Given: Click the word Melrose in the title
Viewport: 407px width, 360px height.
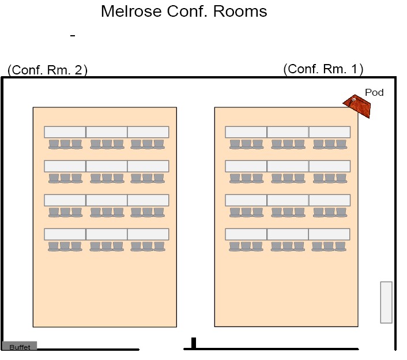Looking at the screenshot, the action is (x=131, y=12).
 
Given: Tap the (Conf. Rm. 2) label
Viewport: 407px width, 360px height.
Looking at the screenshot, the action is (x=47, y=70).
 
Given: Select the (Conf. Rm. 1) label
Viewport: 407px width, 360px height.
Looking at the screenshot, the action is (x=323, y=69).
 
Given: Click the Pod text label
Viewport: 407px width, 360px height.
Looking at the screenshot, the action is (x=374, y=92).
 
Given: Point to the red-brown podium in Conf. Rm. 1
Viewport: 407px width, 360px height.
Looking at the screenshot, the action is (x=357, y=106).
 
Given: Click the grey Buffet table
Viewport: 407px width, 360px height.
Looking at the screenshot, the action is (x=20, y=346).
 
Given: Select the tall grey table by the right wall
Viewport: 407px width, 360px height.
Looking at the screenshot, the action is (x=386, y=302).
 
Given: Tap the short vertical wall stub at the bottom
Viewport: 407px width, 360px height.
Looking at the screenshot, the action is (x=194, y=343).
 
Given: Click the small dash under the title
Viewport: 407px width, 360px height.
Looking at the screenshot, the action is (x=73, y=36).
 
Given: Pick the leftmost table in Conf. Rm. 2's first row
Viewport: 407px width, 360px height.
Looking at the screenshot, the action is (x=65, y=132).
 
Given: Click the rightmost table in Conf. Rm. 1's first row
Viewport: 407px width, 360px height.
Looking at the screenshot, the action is (x=329, y=132).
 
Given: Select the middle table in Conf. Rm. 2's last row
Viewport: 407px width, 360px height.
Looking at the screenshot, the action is (x=107, y=234).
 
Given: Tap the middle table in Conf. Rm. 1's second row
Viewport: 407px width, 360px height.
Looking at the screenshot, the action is (x=288, y=166).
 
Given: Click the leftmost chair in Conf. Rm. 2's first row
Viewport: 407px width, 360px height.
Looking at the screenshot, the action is (x=54, y=144).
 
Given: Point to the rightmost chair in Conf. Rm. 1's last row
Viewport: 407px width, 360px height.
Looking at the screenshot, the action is (x=340, y=246).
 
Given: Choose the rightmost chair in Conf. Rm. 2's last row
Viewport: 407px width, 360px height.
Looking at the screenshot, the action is (x=159, y=246).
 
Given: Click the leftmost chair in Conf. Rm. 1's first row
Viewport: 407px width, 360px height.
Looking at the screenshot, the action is (x=235, y=144).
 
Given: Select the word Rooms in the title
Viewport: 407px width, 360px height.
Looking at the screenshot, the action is (x=240, y=12).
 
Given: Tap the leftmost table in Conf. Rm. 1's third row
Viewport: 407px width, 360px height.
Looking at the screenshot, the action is (x=246, y=200).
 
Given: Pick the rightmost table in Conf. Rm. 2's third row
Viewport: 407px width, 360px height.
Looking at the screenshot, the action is (x=148, y=200).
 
